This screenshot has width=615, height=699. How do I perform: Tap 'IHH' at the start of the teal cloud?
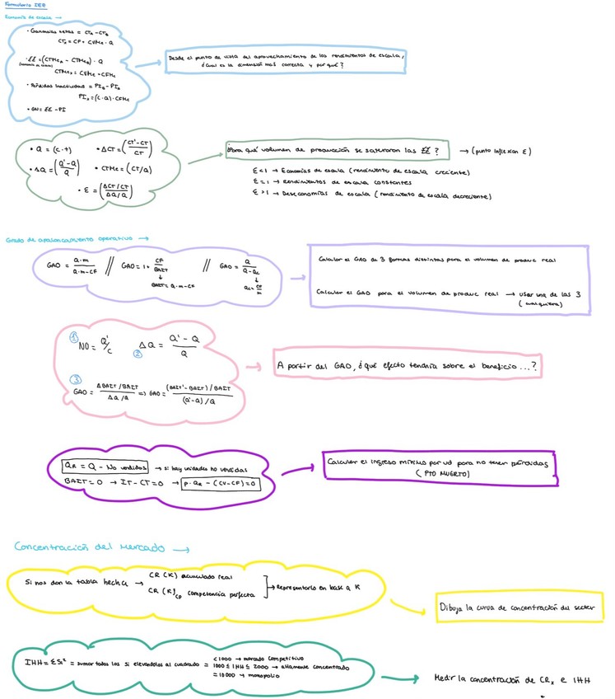(35, 663)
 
